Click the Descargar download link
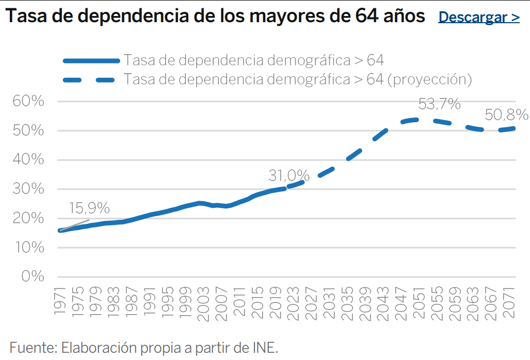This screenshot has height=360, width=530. tap(478, 17)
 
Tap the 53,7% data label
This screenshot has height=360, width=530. tap(439, 104)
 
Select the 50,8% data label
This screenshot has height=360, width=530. tap(507, 114)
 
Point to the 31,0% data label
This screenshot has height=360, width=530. tap(288, 175)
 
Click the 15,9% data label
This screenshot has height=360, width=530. tap(89, 208)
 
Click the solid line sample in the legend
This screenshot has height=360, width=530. tap(91, 61)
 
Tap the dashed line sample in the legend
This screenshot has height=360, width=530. tap(91, 80)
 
